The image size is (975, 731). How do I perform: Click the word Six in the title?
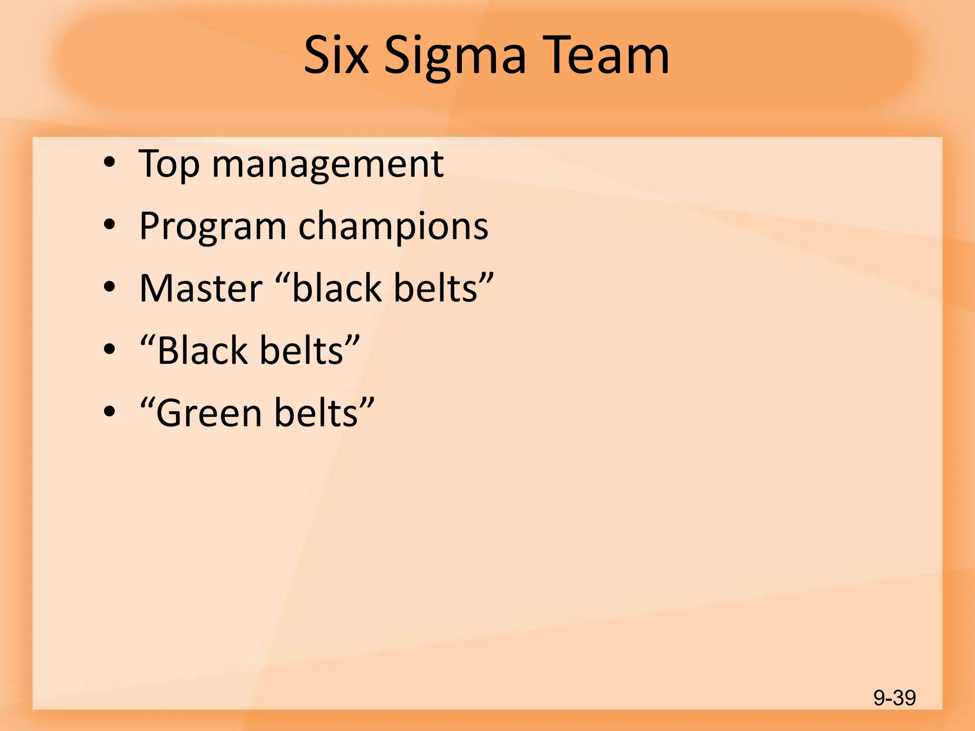pos(336,56)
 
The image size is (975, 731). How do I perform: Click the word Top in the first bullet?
pos(169,165)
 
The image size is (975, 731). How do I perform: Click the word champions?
pos(393,227)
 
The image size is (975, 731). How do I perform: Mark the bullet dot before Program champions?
pos(109,225)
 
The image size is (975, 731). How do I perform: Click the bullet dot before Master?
pos(109,287)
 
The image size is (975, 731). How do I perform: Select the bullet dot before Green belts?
pos(109,411)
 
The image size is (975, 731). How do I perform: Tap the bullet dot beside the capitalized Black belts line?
pos(109,349)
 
